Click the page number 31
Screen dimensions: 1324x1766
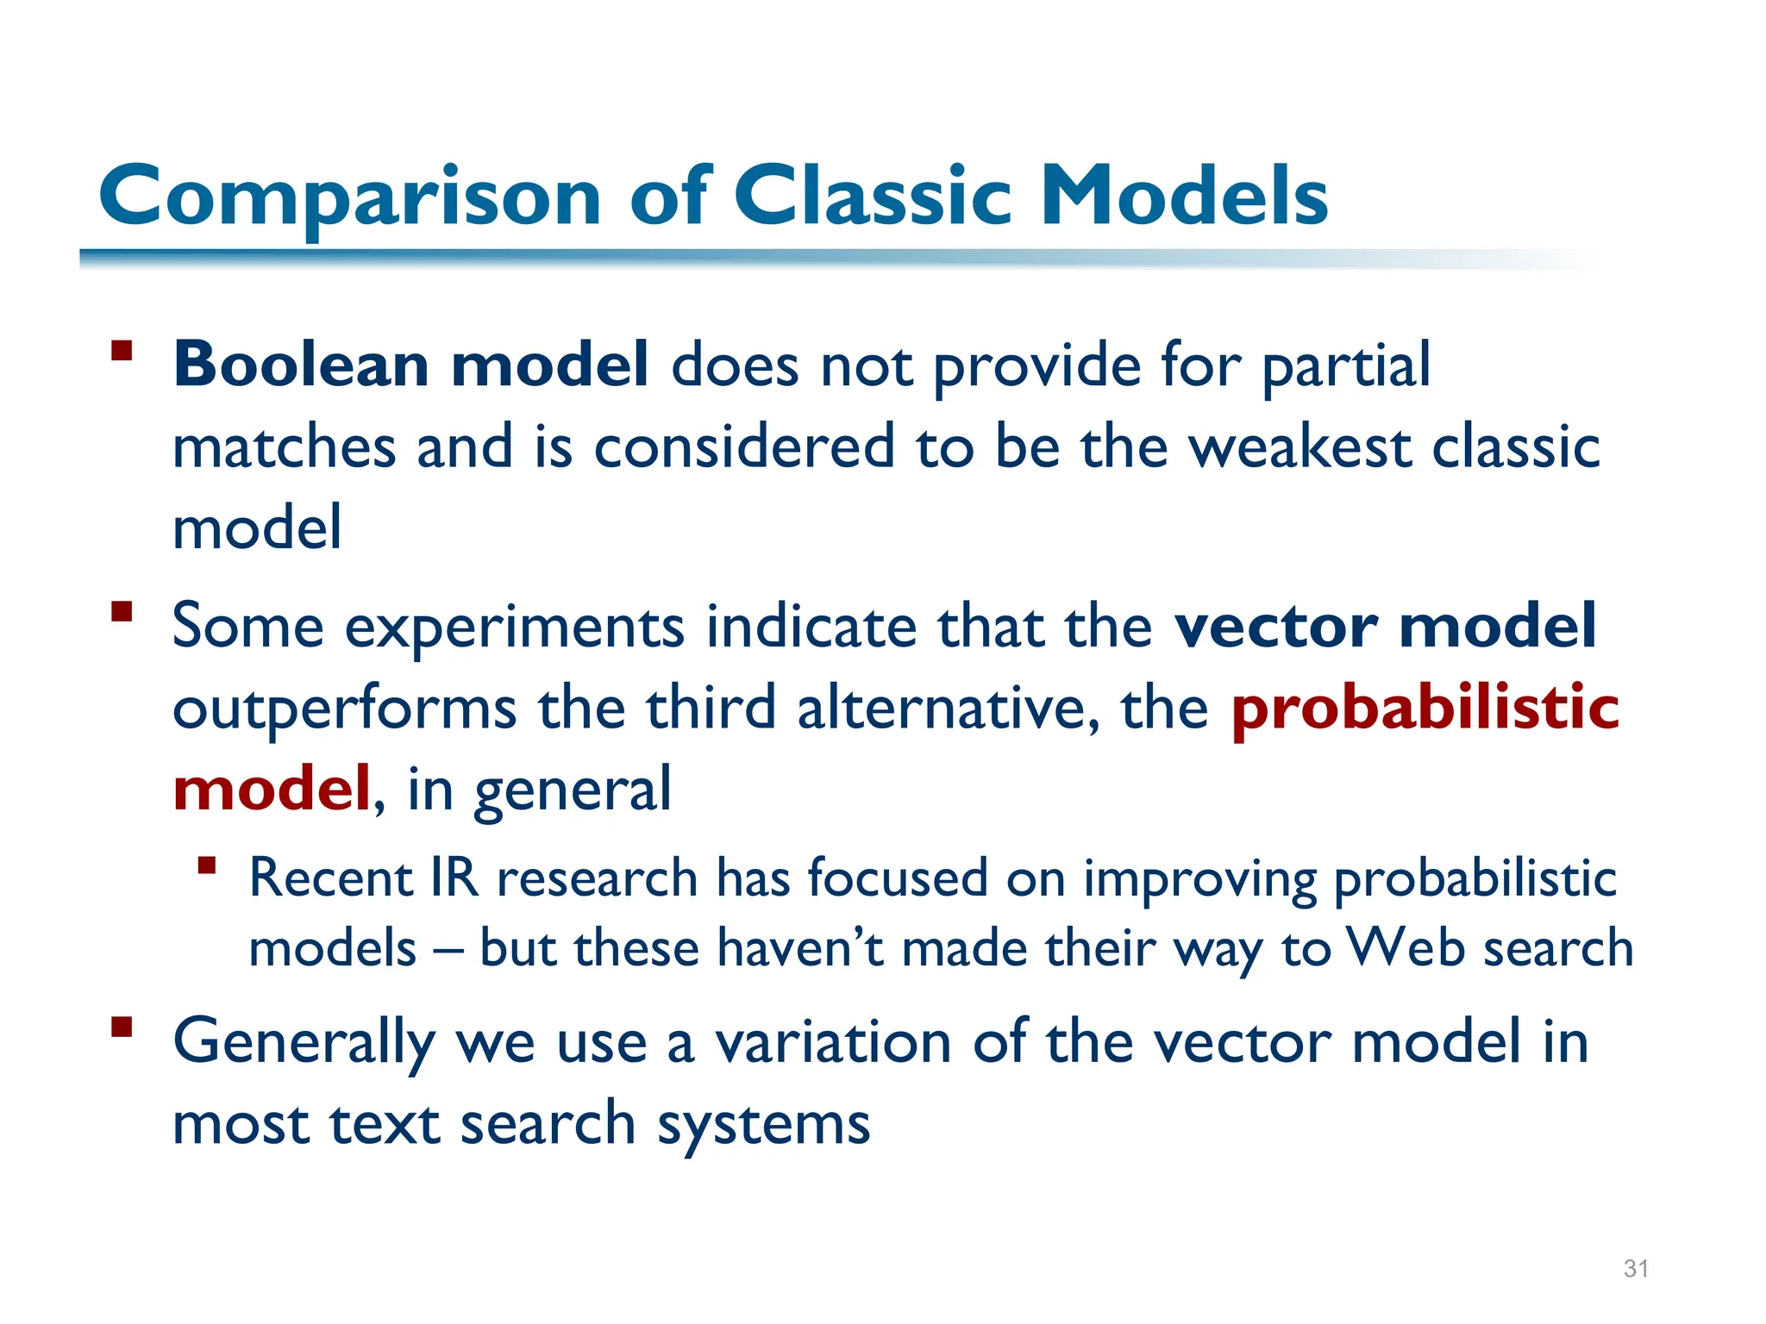coord(1636,1268)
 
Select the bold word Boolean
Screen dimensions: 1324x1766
coord(301,365)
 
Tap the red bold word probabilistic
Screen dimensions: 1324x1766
coord(1425,708)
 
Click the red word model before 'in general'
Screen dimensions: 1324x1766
coord(271,788)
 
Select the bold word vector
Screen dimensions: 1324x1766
coord(1275,626)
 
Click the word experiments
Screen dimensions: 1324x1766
coord(514,628)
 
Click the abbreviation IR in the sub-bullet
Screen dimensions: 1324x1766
coord(454,878)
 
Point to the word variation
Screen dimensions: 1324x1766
coord(834,1042)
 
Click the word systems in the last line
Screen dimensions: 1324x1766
coord(763,1125)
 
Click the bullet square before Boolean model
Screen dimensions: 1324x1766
coord(122,351)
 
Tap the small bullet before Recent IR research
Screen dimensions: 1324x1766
coord(206,865)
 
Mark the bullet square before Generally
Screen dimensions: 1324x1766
coord(122,1027)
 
